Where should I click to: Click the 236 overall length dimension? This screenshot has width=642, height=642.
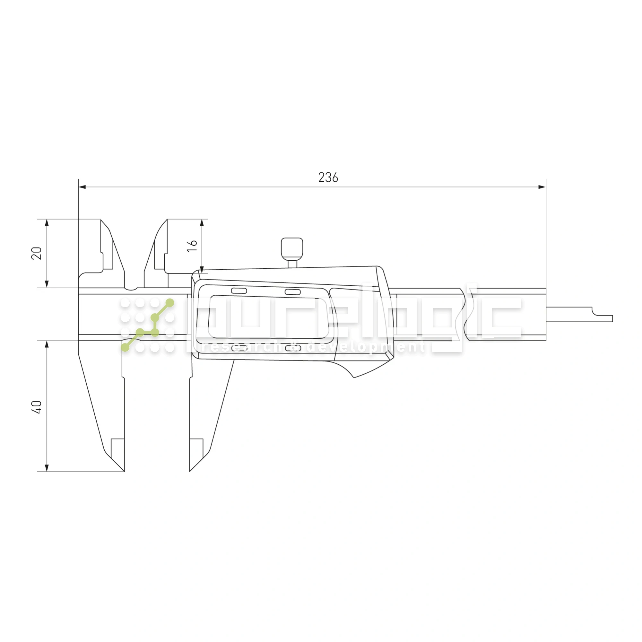point(328,178)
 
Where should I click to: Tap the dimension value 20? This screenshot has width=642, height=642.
point(37,253)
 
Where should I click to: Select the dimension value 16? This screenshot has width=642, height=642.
point(192,246)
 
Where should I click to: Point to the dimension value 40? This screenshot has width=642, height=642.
point(37,407)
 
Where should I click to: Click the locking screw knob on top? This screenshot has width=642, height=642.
point(292,249)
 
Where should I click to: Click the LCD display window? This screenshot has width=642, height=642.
point(268,317)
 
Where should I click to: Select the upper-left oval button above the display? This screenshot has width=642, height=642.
point(239,291)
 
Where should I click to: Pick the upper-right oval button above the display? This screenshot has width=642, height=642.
point(293,292)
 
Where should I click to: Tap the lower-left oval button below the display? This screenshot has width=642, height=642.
point(239,348)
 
